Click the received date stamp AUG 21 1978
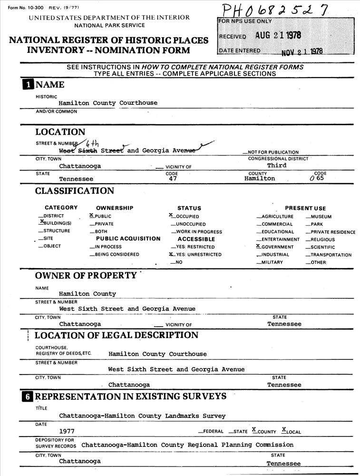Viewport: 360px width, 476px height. pos(278,35)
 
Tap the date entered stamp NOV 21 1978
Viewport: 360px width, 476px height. pos(302,51)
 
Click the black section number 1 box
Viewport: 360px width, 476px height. pos(29,85)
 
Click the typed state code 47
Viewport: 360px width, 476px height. pos(173,179)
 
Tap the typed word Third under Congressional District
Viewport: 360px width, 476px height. pos(277,165)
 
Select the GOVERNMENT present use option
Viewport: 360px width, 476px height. pos(275,247)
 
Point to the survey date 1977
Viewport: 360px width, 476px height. pos(67,431)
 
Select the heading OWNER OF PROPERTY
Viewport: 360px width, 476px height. pos(86,276)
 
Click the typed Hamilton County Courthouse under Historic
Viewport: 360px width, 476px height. pos(108,103)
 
